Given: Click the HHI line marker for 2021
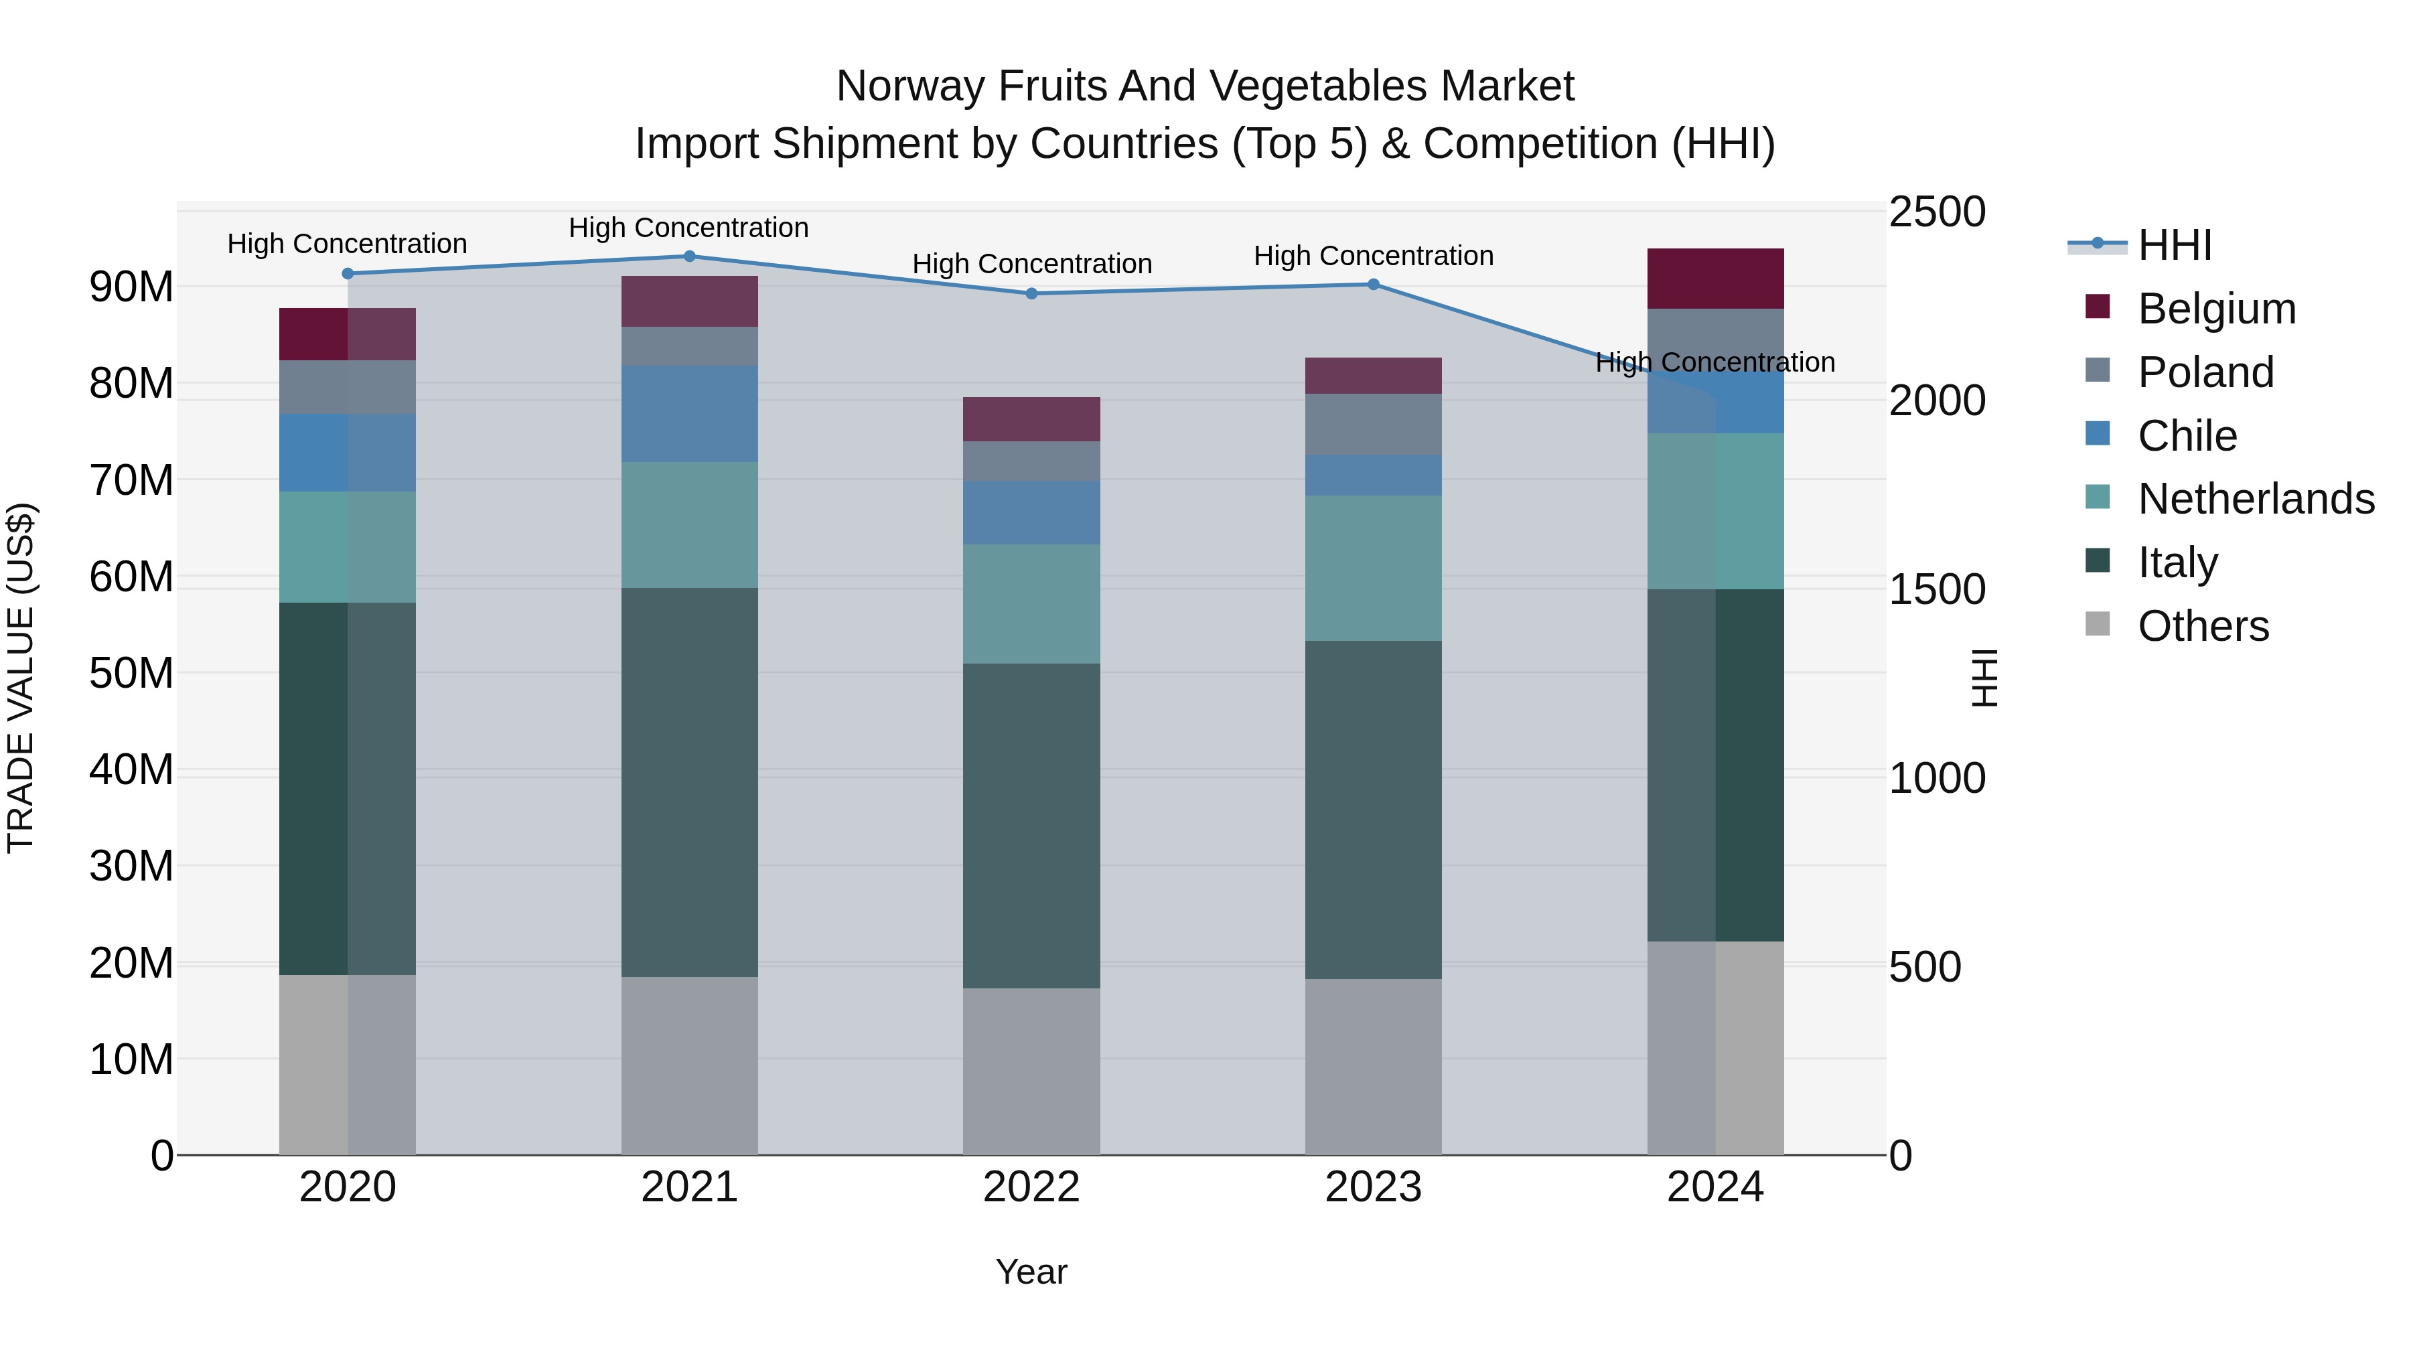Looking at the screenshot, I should coord(689,256).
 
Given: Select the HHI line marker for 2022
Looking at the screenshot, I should coord(1031,294).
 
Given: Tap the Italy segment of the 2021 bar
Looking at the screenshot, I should coord(689,782).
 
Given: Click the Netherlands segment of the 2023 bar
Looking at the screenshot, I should coord(1373,568).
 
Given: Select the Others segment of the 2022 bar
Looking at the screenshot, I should coord(1031,1071).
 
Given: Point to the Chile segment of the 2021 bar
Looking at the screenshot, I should coord(689,414).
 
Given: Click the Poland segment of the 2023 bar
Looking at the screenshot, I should coord(1373,425).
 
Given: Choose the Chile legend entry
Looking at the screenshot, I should coord(2187,436).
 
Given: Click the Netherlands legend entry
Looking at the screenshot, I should coord(2256,500).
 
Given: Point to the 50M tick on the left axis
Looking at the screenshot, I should coord(131,673).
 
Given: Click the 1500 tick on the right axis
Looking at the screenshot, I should coord(1936,589).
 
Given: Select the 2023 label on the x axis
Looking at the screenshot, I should coord(1373,1187).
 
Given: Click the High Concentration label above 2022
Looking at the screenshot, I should coord(1031,264).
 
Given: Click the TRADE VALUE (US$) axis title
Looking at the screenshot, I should coord(21,678).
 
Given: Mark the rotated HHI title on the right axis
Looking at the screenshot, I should coord(1983,678).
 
